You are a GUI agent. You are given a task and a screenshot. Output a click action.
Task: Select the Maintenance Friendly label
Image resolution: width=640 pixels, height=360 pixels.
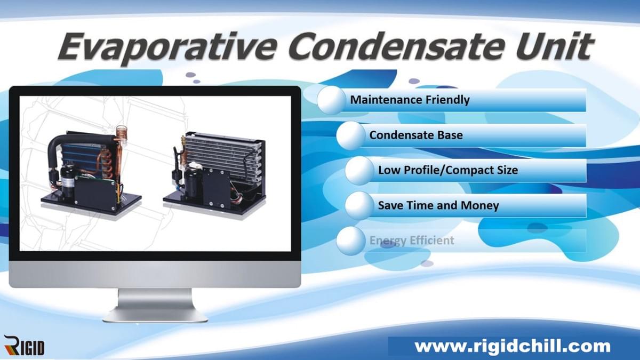(410, 100)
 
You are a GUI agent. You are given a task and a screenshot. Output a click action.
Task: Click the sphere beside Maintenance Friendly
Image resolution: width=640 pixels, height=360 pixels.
(332, 100)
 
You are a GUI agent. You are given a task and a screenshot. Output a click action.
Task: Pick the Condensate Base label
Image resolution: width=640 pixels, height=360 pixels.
(415, 135)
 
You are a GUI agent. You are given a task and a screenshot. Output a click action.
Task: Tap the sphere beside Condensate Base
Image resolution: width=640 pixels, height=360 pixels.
(351, 135)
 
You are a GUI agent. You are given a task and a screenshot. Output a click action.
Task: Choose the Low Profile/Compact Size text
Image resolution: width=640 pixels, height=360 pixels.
(448, 170)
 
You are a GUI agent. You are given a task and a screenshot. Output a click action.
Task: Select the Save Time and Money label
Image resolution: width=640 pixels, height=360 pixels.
(438, 205)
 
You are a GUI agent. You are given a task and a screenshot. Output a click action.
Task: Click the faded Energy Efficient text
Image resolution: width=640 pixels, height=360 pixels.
(412, 241)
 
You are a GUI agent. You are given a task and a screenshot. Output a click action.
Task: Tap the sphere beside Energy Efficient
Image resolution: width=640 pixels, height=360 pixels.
(351, 241)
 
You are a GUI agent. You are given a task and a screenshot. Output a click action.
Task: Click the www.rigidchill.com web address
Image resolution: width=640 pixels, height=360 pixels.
(512, 346)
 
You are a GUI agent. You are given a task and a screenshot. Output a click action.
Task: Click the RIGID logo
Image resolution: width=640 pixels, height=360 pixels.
(24, 346)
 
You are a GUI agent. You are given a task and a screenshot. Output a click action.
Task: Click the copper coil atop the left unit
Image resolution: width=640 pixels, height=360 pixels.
(122, 133)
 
